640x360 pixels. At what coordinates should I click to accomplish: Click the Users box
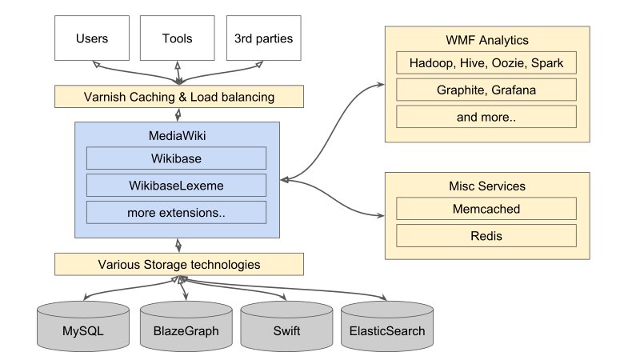pyautogui.click(x=91, y=38)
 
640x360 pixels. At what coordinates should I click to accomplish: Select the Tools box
pyautogui.click(x=177, y=38)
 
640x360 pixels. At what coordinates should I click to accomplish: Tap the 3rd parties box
pyautogui.click(x=263, y=38)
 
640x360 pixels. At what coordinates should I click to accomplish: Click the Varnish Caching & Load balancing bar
pyautogui.click(x=178, y=97)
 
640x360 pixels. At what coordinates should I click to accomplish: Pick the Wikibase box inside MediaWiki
pyautogui.click(x=176, y=158)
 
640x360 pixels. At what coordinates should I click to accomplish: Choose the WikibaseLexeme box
pyautogui.click(x=176, y=186)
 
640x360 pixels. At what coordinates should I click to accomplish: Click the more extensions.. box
pyautogui.click(x=176, y=213)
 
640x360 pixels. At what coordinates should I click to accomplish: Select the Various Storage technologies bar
pyautogui.click(x=178, y=263)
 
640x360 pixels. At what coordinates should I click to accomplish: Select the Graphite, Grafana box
pyautogui.click(x=486, y=90)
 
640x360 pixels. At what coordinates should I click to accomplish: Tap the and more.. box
pyautogui.click(x=486, y=117)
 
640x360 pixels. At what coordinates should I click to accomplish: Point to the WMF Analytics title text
pyautogui.click(x=486, y=39)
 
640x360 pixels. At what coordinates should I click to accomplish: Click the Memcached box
pyautogui.click(x=486, y=210)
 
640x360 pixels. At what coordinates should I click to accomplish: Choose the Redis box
pyautogui.click(x=486, y=236)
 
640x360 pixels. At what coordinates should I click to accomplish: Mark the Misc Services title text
pyautogui.click(x=486, y=186)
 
